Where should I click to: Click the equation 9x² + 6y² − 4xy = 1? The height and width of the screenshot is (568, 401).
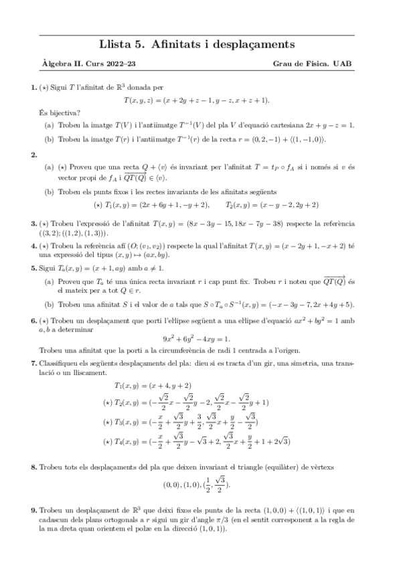click(x=201, y=339)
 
